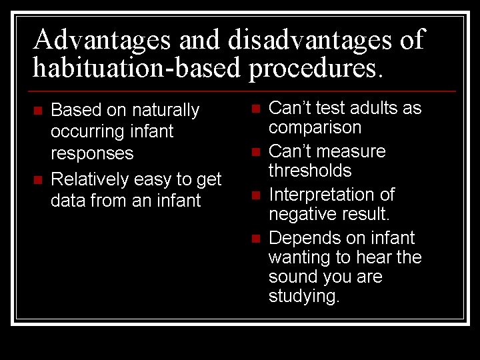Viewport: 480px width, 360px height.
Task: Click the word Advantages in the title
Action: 103,40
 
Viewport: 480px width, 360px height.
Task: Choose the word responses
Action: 92,153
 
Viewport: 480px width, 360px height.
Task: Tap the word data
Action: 67,200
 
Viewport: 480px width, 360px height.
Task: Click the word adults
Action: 373,108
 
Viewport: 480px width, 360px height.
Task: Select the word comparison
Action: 315,127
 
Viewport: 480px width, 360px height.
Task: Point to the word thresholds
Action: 309,171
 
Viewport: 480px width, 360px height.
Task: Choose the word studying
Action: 303,296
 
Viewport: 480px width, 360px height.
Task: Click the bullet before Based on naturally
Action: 37,110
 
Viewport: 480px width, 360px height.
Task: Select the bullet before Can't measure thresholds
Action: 255,152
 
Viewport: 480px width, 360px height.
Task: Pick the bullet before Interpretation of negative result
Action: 255,195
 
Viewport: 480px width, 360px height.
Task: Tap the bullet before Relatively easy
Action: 37,179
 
